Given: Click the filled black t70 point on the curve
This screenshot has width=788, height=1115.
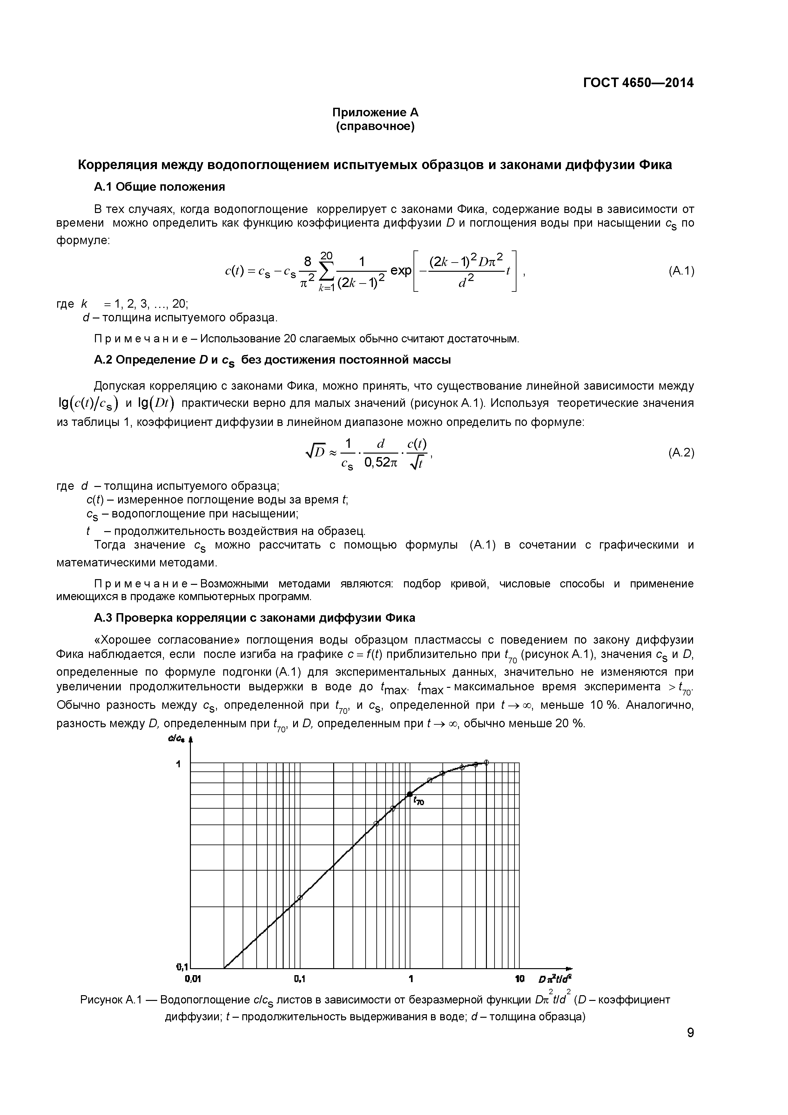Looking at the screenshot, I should click(409, 794).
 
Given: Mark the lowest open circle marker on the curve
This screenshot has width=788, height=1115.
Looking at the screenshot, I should click(300, 898).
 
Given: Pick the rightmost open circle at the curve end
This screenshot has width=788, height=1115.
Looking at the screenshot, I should click(486, 763).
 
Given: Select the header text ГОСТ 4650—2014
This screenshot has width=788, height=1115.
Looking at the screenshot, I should click(638, 83).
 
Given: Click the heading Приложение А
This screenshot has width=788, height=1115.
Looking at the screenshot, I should click(375, 113).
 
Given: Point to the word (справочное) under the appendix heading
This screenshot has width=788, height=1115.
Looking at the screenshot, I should click(375, 127).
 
